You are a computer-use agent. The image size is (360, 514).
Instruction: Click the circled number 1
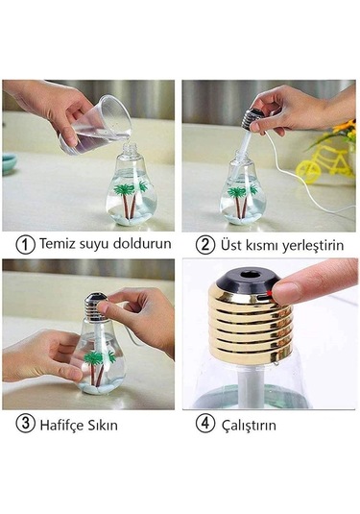click(x=25, y=242)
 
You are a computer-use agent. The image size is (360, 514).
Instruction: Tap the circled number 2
click(x=204, y=243)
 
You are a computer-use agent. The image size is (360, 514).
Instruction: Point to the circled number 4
click(x=205, y=422)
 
